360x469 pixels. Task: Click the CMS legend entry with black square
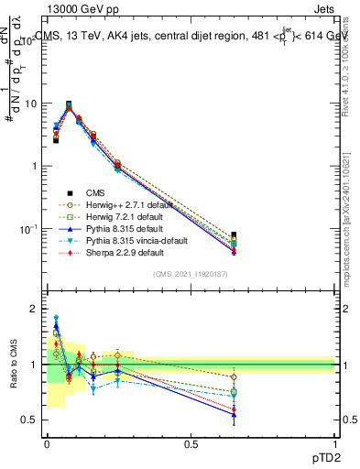pyautogui.click(x=96, y=192)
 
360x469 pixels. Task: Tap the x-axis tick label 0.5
pyautogui.click(x=191, y=443)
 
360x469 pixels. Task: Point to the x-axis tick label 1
pyautogui.click(x=334, y=443)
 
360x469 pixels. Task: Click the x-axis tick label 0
pyautogui.click(x=47, y=443)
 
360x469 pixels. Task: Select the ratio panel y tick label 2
pyautogui.click(x=35, y=310)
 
